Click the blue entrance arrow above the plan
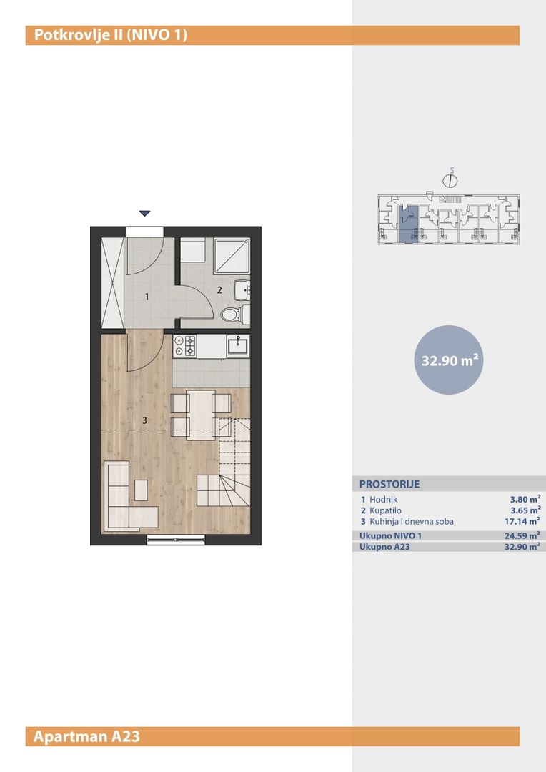click(x=144, y=213)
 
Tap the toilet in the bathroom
click(x=234, y=313)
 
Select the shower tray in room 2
click(x=232, y=255)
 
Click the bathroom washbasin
click(x=242, y=289)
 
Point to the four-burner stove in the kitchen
click(x=184, y=346)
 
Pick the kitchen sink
click(x=238, y=346)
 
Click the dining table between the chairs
click(x=201, y=415)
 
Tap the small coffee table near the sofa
click(x=141, y=490)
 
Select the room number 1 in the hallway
click(x=147, y=297)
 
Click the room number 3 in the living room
click(x=145, y=420)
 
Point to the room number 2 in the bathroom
click(x=219, y=290)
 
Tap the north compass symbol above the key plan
click(x=450, y=179)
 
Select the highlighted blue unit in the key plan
click(x=408, y=224)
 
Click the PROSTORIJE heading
click(x=389, y=484)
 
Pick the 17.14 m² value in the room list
click(x=519, y=521)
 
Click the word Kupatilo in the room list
click(x=385, y=510)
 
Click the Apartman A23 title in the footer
click(x=86, y=736)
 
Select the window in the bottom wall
click(x=176, y=540)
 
